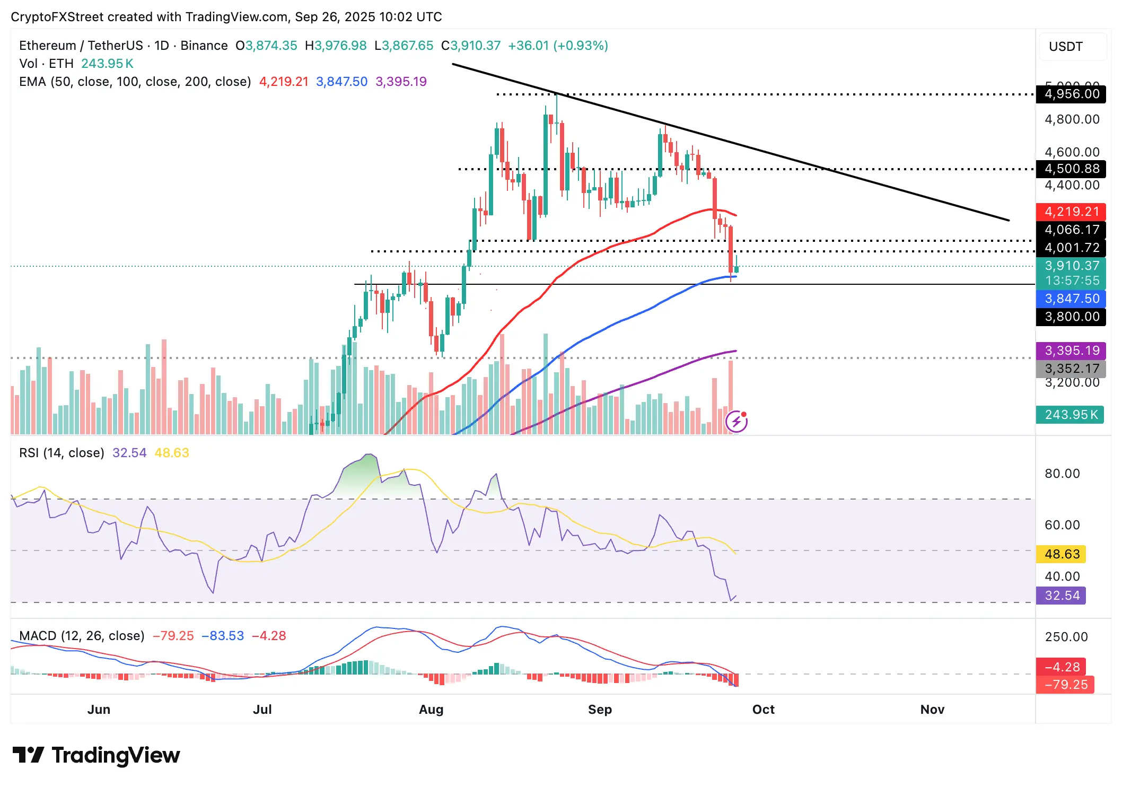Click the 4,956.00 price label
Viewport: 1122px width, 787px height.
1071,94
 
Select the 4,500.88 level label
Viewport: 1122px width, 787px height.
1071,169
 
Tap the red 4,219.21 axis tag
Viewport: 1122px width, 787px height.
1071,212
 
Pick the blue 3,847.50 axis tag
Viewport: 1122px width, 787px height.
1071,299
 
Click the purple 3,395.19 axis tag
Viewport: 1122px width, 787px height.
1071,351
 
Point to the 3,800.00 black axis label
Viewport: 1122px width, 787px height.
1071,317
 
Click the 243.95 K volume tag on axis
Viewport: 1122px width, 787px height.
1070,415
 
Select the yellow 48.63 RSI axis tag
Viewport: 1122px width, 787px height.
1062,554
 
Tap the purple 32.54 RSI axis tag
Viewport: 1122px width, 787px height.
1062,596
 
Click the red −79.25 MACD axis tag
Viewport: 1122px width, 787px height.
1065,685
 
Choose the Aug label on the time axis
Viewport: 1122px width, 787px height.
431,710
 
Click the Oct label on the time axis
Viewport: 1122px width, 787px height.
763,710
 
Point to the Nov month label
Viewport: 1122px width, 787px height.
932,710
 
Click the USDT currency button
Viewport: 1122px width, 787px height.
1066,47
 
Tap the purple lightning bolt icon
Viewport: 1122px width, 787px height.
737,422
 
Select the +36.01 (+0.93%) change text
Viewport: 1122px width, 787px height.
558,46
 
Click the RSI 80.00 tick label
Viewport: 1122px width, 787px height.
1062,474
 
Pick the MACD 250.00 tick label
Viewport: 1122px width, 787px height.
1066,637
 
